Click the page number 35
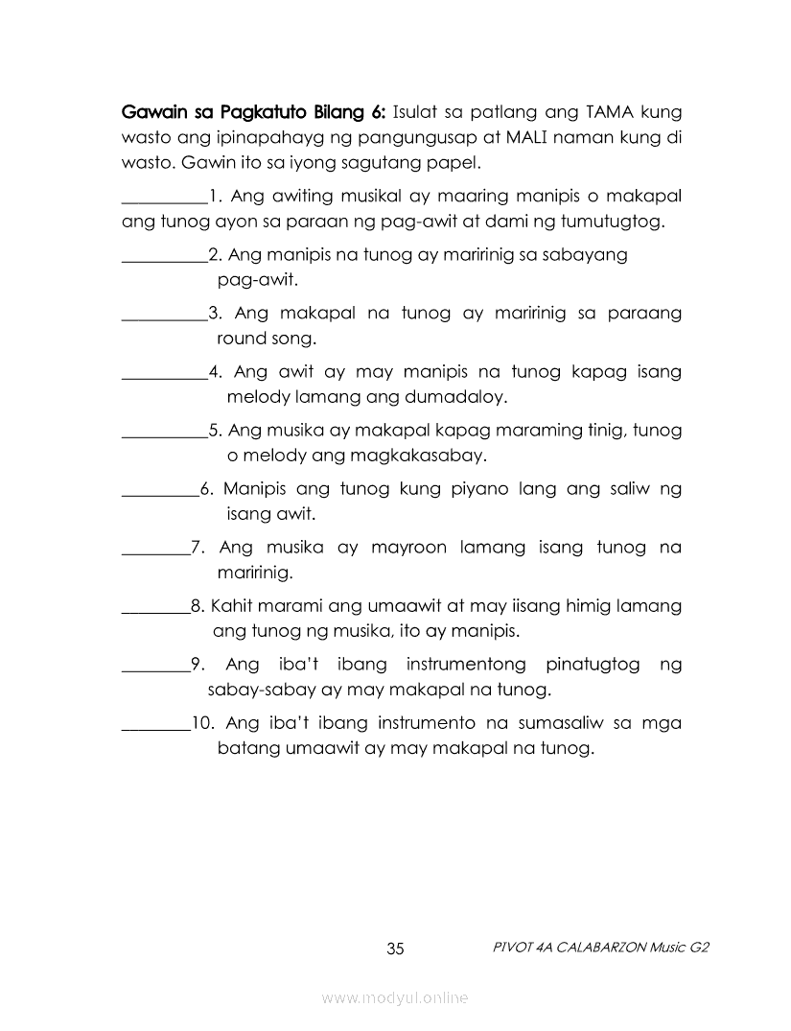click(x=396, y=949)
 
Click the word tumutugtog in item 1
click(x=614, y=223)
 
